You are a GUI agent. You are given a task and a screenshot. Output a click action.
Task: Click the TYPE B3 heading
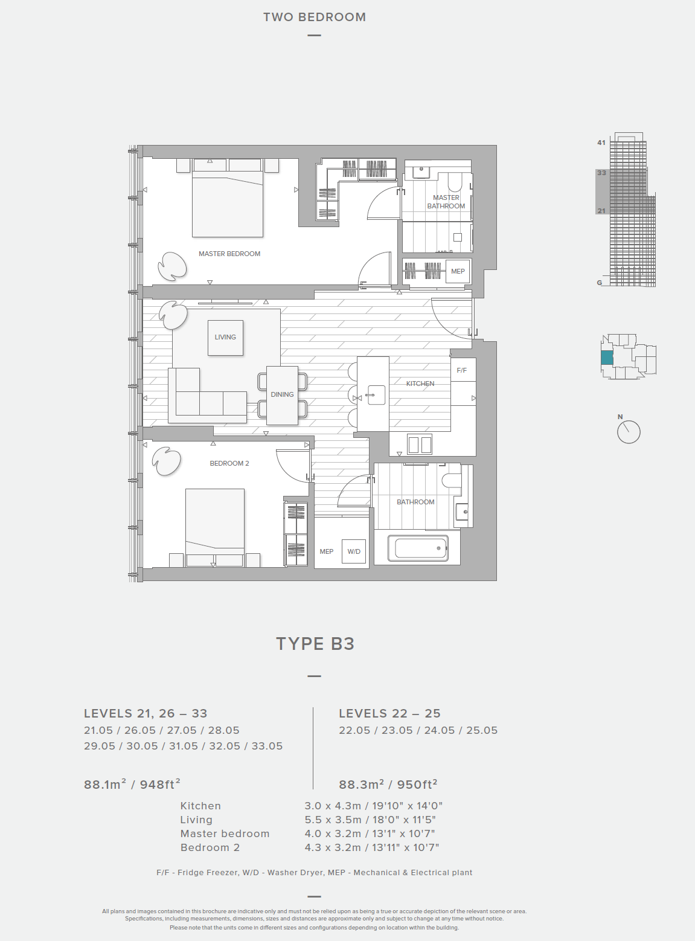click(x=315, y=644)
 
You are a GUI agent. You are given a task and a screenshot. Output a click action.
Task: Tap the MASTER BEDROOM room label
click(x=229, y=254)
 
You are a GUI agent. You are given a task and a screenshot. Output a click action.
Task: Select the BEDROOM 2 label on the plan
click(x=229, y=463)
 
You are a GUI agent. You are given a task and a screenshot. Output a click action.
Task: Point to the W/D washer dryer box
click(x=354, y=551)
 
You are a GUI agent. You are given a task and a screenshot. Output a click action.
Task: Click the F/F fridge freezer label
click(x=462, y=370)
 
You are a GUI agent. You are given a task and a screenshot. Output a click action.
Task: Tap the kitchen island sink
click(x=376, y=395)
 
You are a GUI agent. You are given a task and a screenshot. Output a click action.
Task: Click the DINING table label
click(x=282, y=394)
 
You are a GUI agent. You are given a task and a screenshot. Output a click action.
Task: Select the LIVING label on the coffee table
click(x=225, y=337)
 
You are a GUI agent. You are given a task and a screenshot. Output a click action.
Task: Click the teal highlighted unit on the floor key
click(x=607, y=358)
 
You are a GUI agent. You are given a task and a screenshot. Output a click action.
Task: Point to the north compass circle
click(x=629, y=432)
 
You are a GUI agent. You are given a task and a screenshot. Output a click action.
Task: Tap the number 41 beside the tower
click(x=601, y=143)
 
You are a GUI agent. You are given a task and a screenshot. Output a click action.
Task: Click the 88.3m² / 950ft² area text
click(x=388, y=784)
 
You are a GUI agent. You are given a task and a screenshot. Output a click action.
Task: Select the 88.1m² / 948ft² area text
click(x=132, y=784)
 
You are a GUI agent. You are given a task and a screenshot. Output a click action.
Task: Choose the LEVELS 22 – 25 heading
click(x=389, y=713)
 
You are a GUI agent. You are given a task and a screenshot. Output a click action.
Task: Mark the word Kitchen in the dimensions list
click(x=200, y=806)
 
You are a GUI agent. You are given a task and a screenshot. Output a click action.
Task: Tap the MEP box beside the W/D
click(x=327, y=551)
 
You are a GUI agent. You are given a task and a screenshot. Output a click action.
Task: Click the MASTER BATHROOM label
click(x=446, y=202)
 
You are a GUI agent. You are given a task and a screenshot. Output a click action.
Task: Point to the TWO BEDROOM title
click(x=315, y=18)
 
